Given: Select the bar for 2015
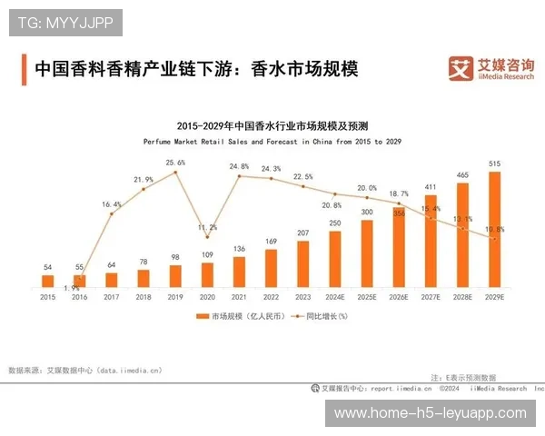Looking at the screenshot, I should point(48,281).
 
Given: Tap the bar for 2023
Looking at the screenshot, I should point(302,263).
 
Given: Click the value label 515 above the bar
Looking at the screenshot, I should point(494,163).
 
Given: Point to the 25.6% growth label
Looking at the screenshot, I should point(175,163).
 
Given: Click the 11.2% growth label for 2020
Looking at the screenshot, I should point(207,227).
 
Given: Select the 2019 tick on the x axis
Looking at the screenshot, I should point(175,296).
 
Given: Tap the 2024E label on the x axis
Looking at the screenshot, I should point(334,296).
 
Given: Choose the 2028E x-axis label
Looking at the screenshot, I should point(462,296).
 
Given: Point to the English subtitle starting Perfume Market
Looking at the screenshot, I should point(272,142).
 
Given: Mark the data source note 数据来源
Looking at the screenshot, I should point(84,370).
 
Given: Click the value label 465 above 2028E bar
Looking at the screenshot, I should point(462,174).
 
